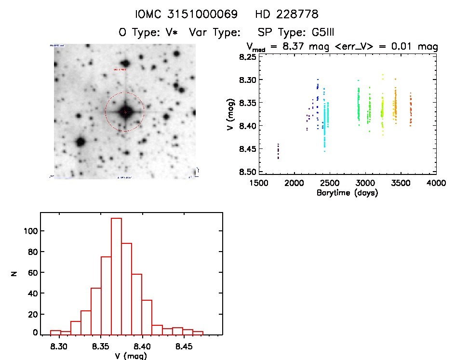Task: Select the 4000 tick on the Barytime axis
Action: pos(436,183)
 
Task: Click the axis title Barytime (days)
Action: pos(347,193)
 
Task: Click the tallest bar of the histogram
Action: pos(116,276)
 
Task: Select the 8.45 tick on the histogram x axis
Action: pos(184,346)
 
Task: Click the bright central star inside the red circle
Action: pos(125,112)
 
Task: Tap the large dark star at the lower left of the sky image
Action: pos(80,142)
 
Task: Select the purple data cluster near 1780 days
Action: pos(278,151)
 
